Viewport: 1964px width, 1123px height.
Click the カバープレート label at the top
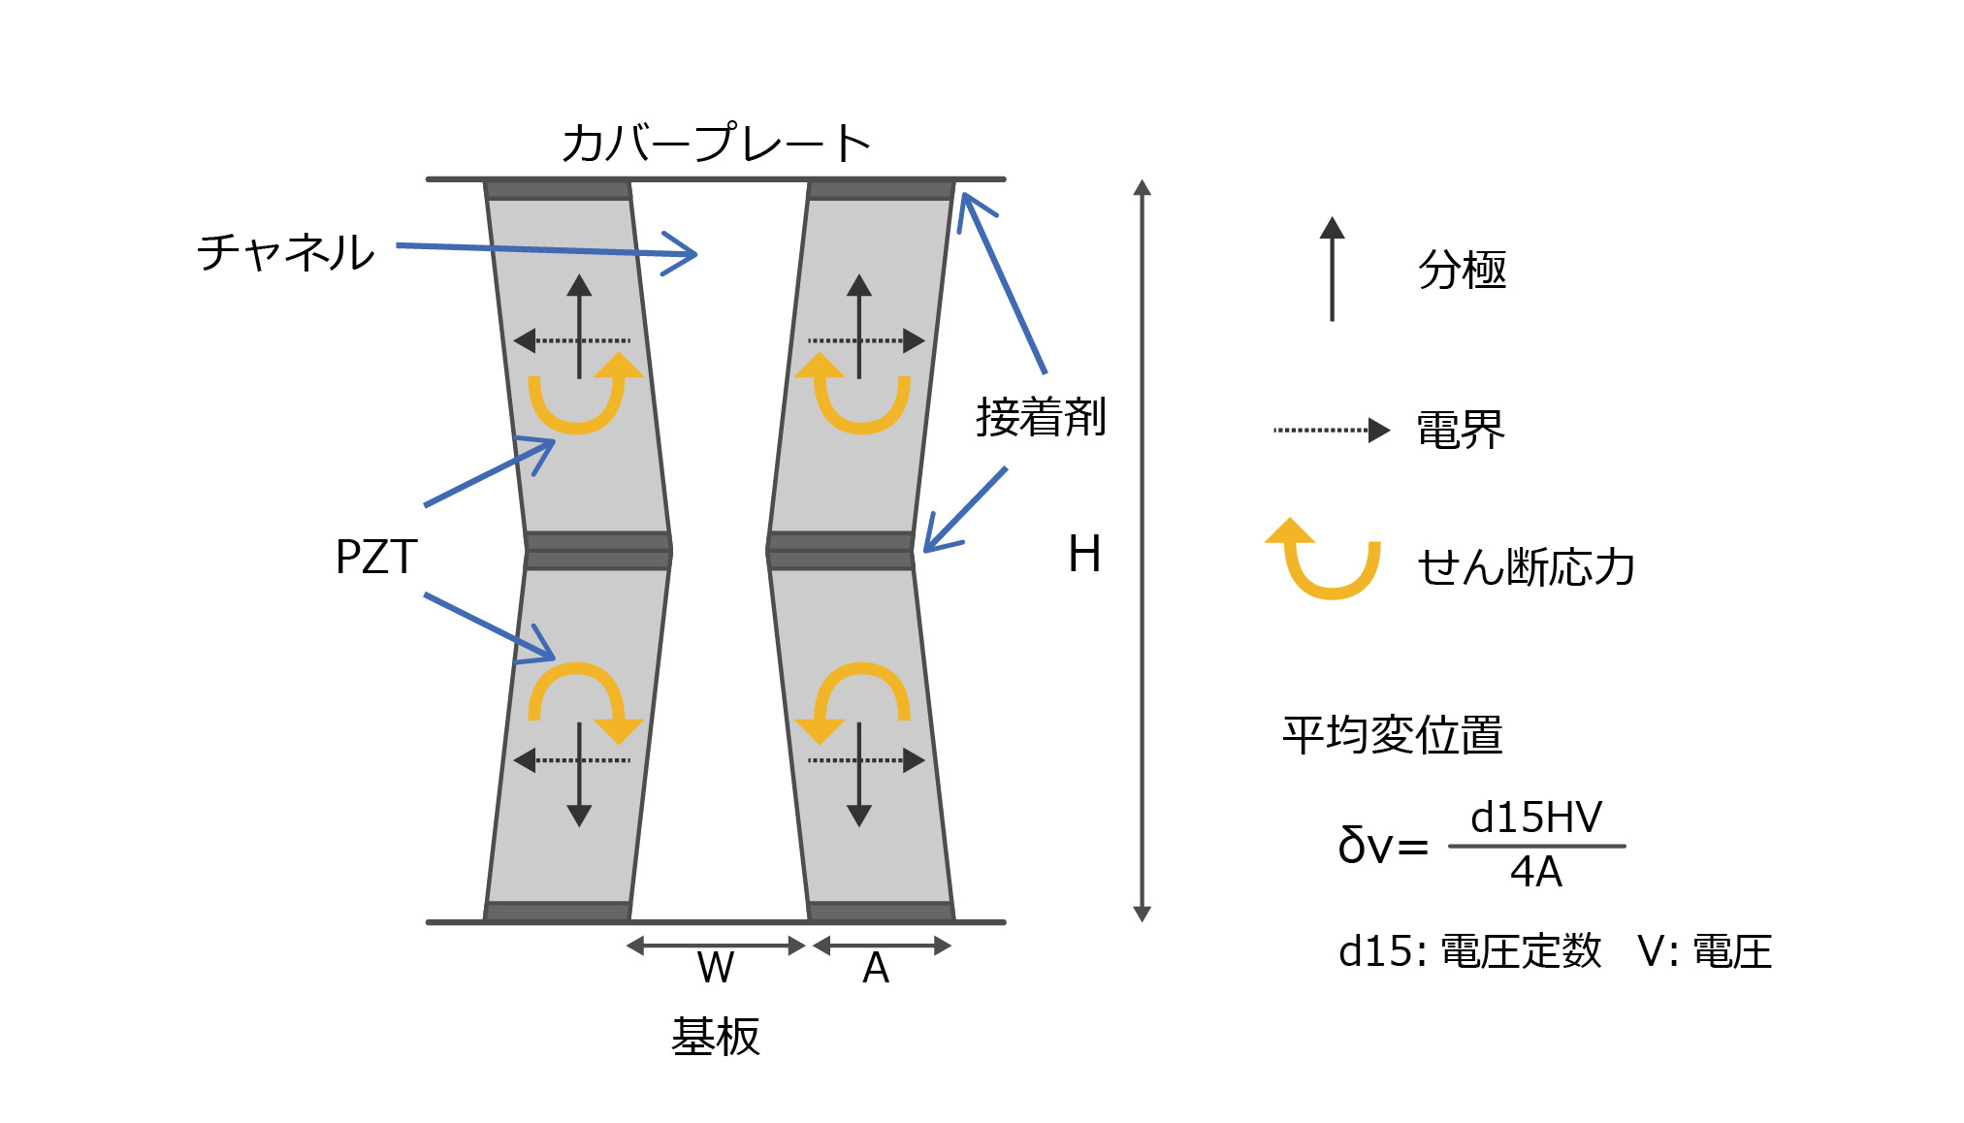click(716, 144)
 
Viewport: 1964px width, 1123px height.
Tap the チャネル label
click(286, 252)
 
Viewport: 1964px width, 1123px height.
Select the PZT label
click(376, 557)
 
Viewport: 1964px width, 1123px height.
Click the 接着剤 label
click(1041, 417)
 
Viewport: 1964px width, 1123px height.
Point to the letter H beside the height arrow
click(1084, 555)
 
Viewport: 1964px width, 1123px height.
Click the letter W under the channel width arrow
click(716, 968)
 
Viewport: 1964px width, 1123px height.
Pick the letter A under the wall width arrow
click(876, 968)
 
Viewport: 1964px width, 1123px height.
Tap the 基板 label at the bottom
click(716, 1037)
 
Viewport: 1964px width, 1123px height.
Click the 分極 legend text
click(1463, 270)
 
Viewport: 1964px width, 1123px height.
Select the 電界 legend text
click(1461, 430)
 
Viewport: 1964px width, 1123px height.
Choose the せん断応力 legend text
click(1527, 567)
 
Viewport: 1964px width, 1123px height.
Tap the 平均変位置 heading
click(1393, 735)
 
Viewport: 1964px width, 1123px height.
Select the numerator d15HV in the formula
click(1536, 818)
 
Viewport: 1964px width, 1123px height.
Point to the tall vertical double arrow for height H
click(1143, 550)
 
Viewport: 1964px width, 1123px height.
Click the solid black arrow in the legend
click(1332, 270)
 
